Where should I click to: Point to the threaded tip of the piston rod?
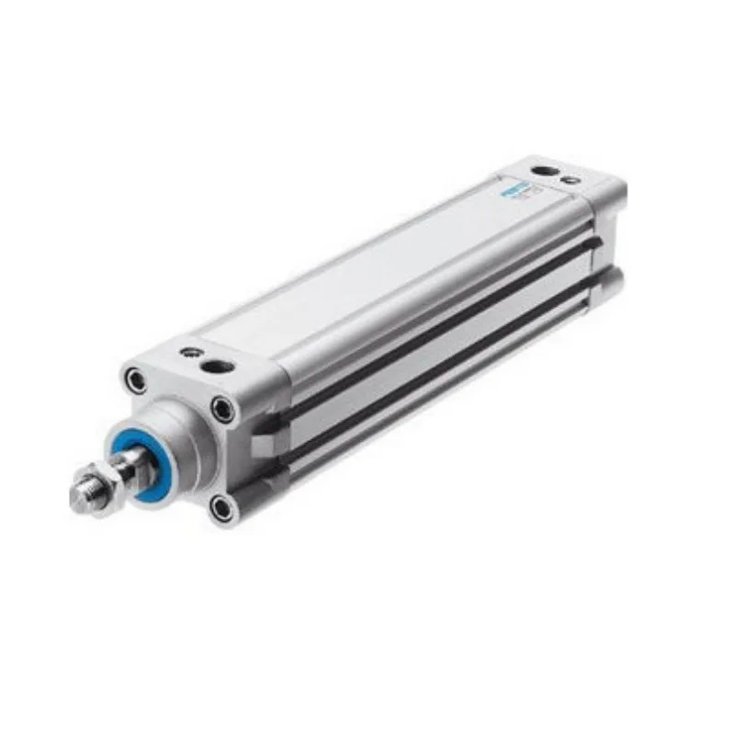[81, 495]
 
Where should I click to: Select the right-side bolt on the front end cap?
[221, 408]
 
